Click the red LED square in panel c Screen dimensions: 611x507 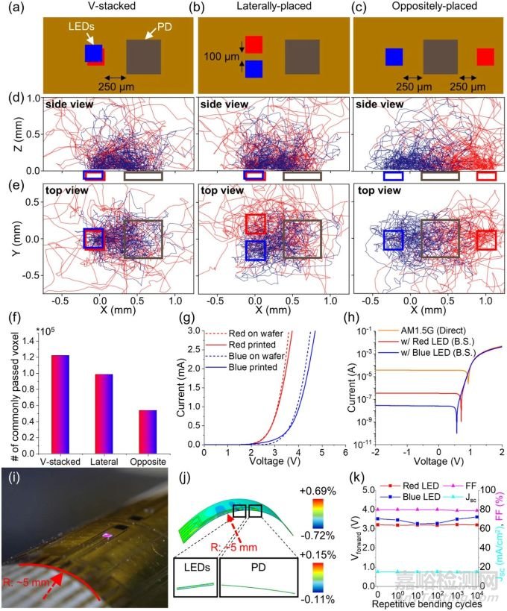(485, 57)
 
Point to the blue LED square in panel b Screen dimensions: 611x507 (254, 69)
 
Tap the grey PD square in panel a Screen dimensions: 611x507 (143, 57)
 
